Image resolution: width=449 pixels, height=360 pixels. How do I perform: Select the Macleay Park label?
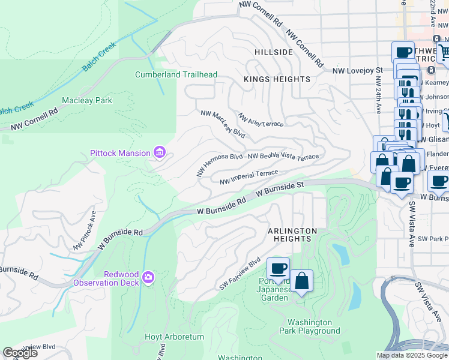click(87, 100)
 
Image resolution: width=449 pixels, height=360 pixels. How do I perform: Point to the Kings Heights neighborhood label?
click(277, 79)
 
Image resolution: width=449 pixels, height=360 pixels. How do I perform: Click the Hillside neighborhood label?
click(273, 52)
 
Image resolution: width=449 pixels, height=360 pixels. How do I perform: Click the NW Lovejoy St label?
click(358, 71)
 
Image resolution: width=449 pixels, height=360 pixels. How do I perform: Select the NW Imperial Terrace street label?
click(249, 177)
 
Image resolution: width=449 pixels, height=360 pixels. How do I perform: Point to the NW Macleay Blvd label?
click(223, 122)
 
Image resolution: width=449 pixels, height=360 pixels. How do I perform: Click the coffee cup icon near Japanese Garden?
click(278, 269)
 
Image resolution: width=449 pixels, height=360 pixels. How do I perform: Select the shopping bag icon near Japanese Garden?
click(301, 280)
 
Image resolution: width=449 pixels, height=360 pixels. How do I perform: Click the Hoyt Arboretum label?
click(175, 337)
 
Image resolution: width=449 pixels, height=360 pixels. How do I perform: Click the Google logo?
click(20, 353)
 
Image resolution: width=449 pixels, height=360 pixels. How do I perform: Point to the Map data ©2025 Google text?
click(411, 355)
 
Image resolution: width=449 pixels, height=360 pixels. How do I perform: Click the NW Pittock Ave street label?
click(85, 230)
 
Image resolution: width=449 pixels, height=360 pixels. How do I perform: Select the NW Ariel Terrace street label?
click(261, 119)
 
